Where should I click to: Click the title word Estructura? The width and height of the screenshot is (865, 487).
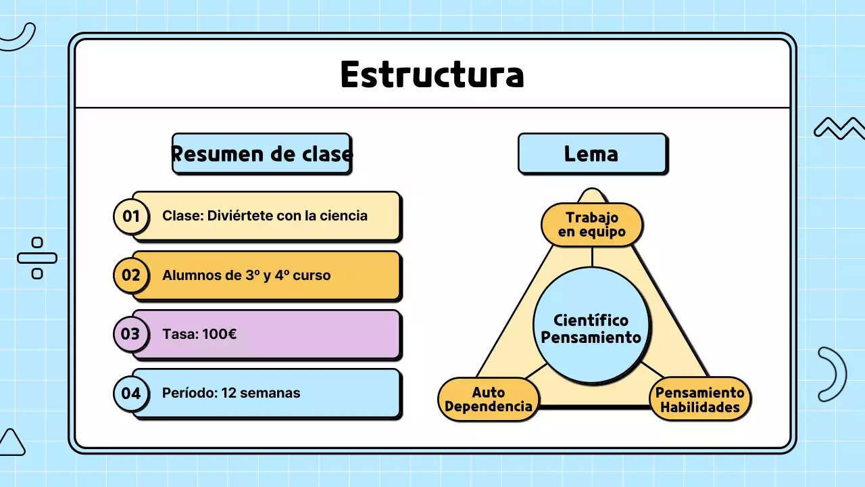pyautogui.click(x=432, y=74)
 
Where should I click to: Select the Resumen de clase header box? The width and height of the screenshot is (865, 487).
pyautogui.click(x=262, y=154)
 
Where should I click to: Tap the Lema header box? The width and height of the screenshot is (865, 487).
pyautogui.click(x=591, y=154)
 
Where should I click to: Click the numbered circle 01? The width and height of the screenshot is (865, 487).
pyautogui.click(x=130, y=216)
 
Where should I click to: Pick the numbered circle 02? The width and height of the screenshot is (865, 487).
pyautogui.click(x=130, y=275)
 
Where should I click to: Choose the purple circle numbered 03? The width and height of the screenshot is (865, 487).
pyautogui.click(x=130, y=334)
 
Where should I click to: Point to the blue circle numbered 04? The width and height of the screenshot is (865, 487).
pyautogui.click(x=130, y=393)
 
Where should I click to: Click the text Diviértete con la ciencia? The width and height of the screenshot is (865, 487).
pyautogui.click(x=287, y=216)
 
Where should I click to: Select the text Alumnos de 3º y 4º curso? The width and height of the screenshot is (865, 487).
pyautogui.click(x=246, y=275)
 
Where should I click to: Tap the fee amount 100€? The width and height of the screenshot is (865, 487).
pyautogui.click(x=219, y=334)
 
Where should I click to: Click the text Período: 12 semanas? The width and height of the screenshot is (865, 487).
pyautogui.click(x=231, y=393)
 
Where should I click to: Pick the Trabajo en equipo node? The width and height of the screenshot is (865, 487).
pyautogui.click(x=592, y=225)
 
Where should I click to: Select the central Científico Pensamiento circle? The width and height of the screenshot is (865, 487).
pyautogui.click(x=591, y=329)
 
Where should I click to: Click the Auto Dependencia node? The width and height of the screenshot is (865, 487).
pyautogui.click(x=488, y=400)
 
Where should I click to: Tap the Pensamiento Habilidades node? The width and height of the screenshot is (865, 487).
pyautogui.click(x=699, y=400)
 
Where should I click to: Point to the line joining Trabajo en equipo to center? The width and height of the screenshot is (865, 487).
pyautogui.click(x=592, y=256)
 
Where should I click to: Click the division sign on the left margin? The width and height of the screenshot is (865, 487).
pyautogui.click(x=37, y=258)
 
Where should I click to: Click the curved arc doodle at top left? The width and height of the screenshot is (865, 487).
pyautogui.click(x=20, y=39)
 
